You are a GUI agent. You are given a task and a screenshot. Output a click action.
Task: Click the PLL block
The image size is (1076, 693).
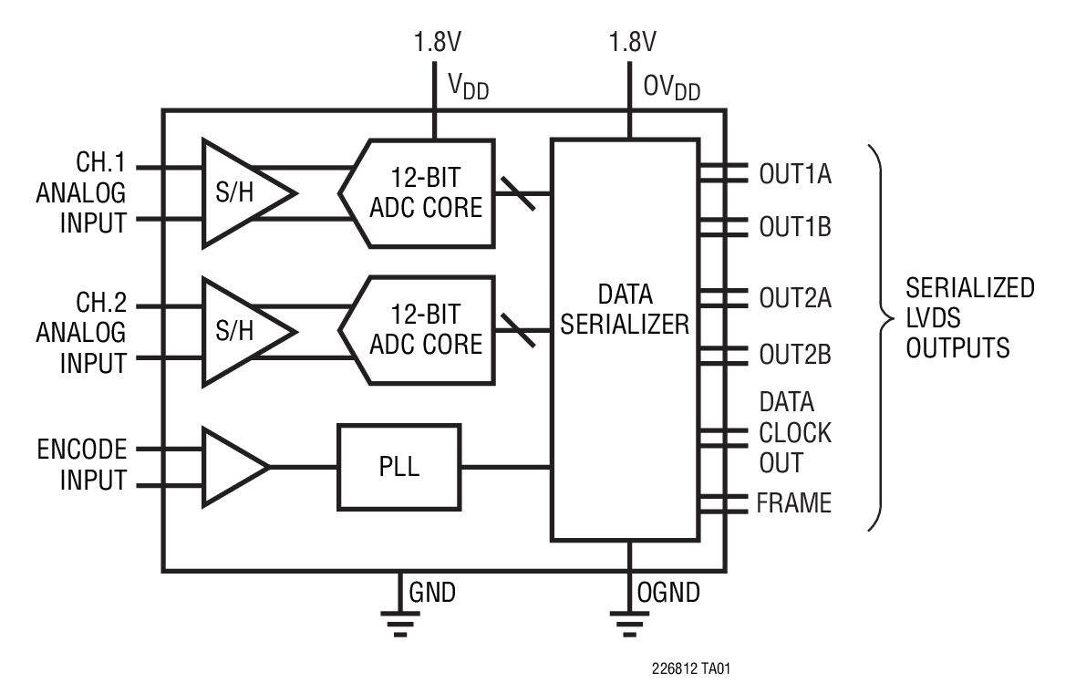point(399,467)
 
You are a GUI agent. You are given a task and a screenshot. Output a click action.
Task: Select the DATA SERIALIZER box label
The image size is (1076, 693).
point(625,309)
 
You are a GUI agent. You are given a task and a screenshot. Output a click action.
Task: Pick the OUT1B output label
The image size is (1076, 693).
point(795,227)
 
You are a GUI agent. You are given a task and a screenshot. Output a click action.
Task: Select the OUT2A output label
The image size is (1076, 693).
point(795,299)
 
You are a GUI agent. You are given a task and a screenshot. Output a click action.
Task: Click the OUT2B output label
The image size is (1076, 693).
point(795,355)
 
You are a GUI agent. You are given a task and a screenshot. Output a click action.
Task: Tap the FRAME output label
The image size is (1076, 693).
point(794,503)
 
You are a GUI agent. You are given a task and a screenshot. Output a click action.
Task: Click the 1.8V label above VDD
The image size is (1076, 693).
point(435,43)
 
